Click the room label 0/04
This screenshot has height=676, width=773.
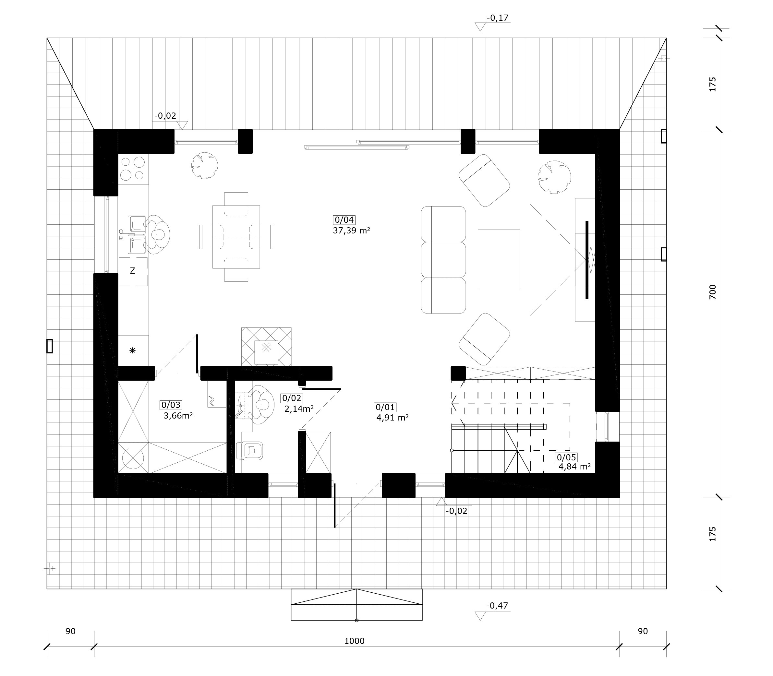coord(344,219)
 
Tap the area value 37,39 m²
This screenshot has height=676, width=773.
coord(351,231)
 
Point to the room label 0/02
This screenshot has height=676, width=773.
coord(291,398)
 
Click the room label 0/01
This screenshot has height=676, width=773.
coord(385,407)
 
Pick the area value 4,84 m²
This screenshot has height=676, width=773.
coord(574,467)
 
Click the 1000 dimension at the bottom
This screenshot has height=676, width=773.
coord(355,641)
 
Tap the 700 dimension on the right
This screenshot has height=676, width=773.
coord(712,292)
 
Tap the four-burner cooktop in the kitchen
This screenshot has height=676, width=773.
coord(133,169)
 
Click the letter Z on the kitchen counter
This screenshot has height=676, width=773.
coord(132,271)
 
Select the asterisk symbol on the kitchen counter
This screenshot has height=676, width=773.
coord(132,350)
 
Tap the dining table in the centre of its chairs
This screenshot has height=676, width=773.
coord(236,237)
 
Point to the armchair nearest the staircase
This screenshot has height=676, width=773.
coord(484,339)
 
